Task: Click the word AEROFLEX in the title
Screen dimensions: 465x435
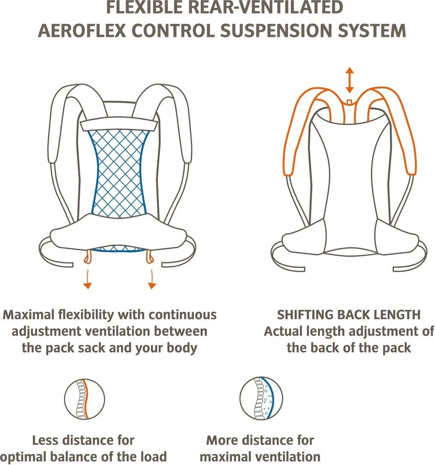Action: tap(83, 30)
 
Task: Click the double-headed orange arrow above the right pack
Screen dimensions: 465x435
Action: tap(350, 79)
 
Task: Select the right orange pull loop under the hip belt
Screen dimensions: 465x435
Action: tap(148, 257)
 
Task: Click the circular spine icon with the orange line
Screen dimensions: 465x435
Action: tap(85, 400)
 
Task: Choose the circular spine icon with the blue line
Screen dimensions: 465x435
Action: tap(261, 400)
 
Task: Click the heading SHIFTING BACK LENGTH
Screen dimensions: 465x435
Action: tap(348, 315)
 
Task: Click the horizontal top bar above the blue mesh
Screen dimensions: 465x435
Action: tap(119, 125)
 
